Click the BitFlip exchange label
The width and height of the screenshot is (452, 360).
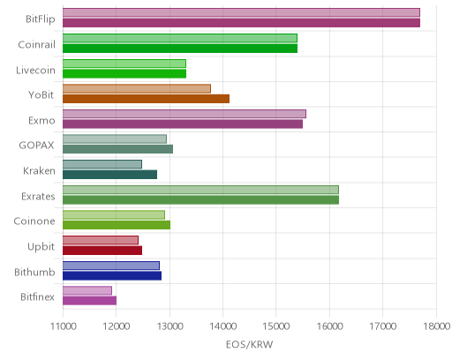click(x=41, y=19)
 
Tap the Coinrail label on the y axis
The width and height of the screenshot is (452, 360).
click(x=36, y=45)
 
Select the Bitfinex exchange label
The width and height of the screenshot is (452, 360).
click(x=37, y=297)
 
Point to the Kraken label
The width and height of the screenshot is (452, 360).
click(x=39, y=171)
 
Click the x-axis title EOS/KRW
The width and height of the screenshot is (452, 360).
click(x=249, y=344)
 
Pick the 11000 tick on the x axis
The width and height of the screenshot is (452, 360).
click(x=64, y=326)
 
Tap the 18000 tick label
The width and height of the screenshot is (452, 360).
click(x=437, y=326)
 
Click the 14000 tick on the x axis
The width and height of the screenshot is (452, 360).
click(x=223, y=326)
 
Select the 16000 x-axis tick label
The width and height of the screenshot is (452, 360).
click(x=329, y=326)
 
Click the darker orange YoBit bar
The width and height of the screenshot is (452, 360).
click(x=146, y=99)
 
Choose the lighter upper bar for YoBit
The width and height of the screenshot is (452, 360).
click(x=137, y=88)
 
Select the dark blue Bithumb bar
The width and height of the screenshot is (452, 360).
click(x=112, y=276)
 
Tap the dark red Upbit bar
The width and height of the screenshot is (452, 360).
click(x=102, y=251)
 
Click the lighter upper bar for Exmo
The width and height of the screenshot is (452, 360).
click(x=185, y=114)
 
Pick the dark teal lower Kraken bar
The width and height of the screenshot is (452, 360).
click(x=109, y=175)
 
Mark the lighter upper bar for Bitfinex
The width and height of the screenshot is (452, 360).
click(x=87, y=290)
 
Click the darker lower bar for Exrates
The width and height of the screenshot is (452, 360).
click(x=200, y=200)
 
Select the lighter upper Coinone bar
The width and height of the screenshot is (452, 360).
click(x=114, y=214)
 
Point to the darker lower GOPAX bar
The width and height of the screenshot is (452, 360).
click(x=117, y=149)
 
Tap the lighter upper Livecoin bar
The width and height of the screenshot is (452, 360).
click(x=124, y=64)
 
